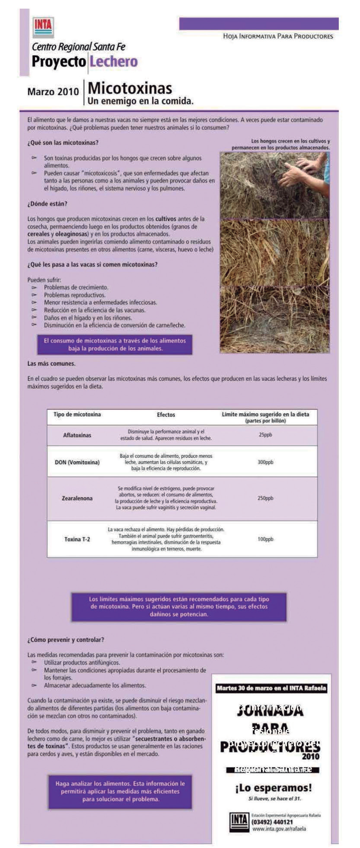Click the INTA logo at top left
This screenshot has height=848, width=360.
43,27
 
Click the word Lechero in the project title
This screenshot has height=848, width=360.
113,62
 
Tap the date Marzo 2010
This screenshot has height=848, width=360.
53,92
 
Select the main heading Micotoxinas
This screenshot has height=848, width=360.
130,88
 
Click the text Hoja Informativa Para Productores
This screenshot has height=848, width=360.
278,36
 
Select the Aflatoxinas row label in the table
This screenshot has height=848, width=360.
77,435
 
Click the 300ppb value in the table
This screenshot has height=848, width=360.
265,462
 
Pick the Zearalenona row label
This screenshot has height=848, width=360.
77,498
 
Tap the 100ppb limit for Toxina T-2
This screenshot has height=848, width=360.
265,539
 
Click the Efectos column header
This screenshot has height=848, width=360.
166,415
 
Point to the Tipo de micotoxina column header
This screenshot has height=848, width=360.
77,415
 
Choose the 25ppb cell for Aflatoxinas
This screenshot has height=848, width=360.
265,435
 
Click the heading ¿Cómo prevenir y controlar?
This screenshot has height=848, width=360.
66,640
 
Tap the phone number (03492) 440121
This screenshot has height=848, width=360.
272,822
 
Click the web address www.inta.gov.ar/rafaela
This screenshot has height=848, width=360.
279,829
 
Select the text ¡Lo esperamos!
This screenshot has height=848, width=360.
273,788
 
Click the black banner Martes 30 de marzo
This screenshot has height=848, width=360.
271,688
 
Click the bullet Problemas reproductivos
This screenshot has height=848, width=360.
75,295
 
